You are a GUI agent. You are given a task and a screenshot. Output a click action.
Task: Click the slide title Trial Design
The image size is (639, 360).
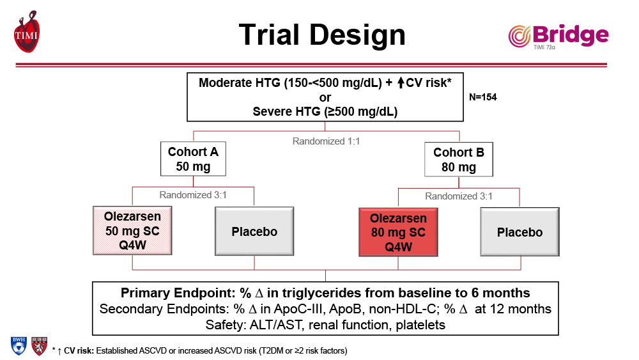tap(322, 34)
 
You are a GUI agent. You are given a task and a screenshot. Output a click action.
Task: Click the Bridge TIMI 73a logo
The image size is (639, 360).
tap(558, 36)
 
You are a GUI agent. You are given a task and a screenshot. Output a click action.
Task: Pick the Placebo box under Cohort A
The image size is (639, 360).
tap(254, 231)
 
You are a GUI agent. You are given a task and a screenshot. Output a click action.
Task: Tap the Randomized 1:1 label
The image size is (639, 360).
tap(326, 141)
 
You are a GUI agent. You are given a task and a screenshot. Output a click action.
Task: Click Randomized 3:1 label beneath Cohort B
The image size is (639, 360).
tap(459, 196)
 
